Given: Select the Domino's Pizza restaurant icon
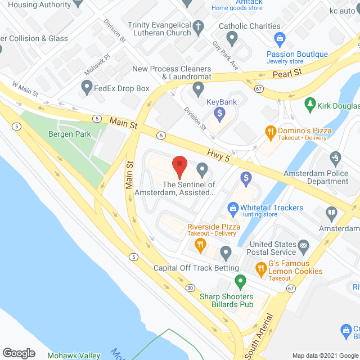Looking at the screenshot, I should click(x=271, y=133).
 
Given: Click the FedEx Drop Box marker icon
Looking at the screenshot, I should click(x=87, y=87).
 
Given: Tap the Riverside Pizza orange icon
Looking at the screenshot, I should click(x=199, y=244).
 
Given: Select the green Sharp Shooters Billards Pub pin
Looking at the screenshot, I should click(x=240, y=280).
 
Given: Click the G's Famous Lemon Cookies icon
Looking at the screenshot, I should click(x=261, y=269).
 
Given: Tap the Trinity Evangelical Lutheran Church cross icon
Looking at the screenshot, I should click(x=198, y=26).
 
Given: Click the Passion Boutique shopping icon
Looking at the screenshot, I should click(x=278, y=39).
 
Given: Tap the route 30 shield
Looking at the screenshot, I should click(x=190, y=288).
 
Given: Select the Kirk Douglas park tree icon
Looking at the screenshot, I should click(x=309, y=104).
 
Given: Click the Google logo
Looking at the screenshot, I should click(x=19, y=353).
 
